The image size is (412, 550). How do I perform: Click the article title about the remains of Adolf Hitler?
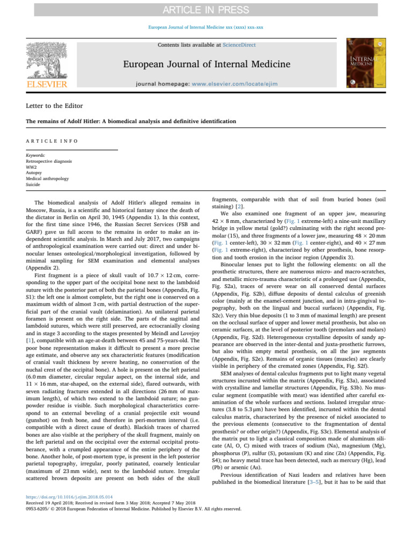pos(131,121)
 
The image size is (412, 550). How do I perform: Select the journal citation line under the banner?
pos(206,27)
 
